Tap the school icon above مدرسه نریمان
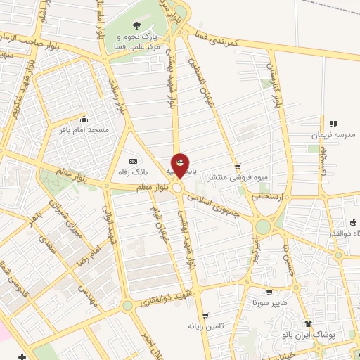[333, 124]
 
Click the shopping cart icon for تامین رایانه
[204, 316]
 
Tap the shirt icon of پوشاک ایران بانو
[307, 323]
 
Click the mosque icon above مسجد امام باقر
[84, 119]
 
